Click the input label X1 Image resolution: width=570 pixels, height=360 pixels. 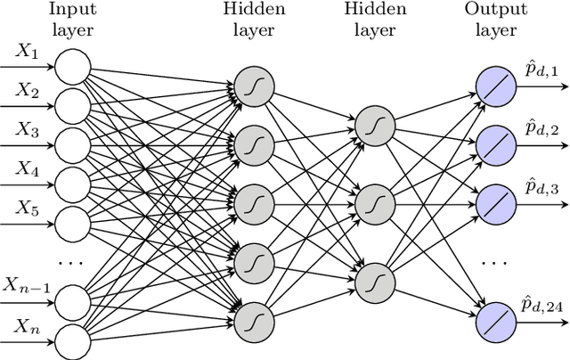[26, 53]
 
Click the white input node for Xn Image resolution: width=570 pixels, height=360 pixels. [71, 337]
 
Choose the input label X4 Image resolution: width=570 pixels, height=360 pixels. [26, 168]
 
